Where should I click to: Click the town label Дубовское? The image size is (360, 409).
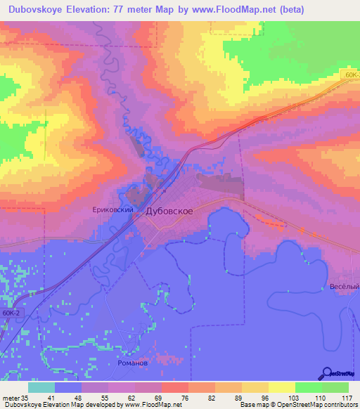pos(169,210)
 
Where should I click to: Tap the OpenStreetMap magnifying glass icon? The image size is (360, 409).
pos(327,373)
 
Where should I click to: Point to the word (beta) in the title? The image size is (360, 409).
pos(289,9)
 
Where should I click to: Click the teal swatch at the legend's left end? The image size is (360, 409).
pos(41,387)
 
